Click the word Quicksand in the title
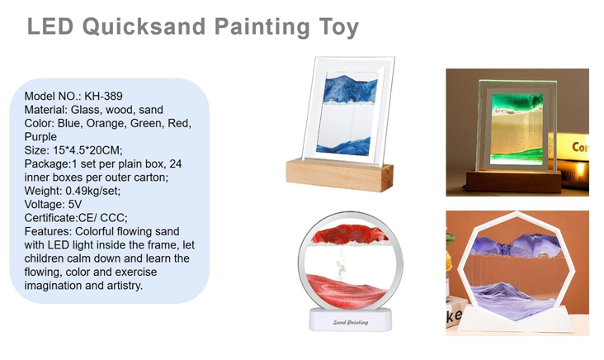coord(145,27)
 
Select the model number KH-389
coord(103,96)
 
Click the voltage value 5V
coord(75,204)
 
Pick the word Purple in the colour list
coord(40,137)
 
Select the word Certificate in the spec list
coord(50,218)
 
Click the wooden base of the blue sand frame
coord(339,176)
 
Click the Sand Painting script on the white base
coord(350,322)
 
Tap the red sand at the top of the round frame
coord(349,234)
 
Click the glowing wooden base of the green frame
coord(513,182)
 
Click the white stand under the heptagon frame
coord(516,320)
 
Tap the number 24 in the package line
coord(175,163)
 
